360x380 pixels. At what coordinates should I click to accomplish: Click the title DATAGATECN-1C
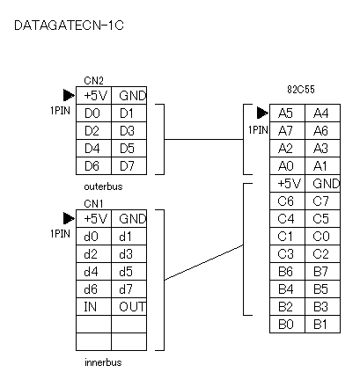click(x=69, y=26)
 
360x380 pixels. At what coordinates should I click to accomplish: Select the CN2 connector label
click(x=93, y=81)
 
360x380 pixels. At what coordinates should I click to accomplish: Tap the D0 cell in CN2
click(x=93, y=113)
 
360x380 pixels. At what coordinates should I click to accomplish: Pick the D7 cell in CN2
click(x=129, y=165)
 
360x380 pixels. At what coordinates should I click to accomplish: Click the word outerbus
click(x=103, y=186)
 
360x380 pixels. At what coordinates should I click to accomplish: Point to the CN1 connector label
click(x=93, y=203)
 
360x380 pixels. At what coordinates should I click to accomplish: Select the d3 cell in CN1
click(x=129, y=253)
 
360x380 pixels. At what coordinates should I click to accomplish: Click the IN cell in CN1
click(x=93, y=306)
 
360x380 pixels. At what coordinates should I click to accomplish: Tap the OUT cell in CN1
click(x=129, y=306)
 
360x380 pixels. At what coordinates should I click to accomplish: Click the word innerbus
click(x=103, y=362)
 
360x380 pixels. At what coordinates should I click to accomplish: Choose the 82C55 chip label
click(x=301, y=90)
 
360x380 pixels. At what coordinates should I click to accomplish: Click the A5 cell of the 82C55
click(x=287, y=113)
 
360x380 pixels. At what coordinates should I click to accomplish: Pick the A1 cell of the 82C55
click(x=322, y=165)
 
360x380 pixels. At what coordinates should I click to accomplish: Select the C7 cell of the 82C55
click(x=322, y=201)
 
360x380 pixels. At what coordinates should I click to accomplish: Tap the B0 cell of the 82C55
click(x=287, y=324)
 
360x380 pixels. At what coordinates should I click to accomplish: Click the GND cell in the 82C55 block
click(x=322, y=183)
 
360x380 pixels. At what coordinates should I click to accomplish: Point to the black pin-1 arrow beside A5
click(x=262, y=113)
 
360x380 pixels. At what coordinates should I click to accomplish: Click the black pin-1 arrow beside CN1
click(x=69, y=218)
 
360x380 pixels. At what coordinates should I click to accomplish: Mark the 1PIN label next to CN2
click(x=60, y=111)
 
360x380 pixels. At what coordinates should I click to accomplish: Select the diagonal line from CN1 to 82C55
click(x=203, y=262)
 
